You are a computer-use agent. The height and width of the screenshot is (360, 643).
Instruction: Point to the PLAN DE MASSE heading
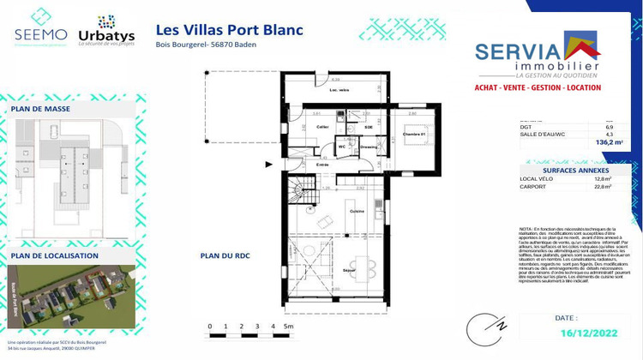click(x=41, y=110)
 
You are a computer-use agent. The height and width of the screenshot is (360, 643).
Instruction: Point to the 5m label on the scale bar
click(x=289, y=327)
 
